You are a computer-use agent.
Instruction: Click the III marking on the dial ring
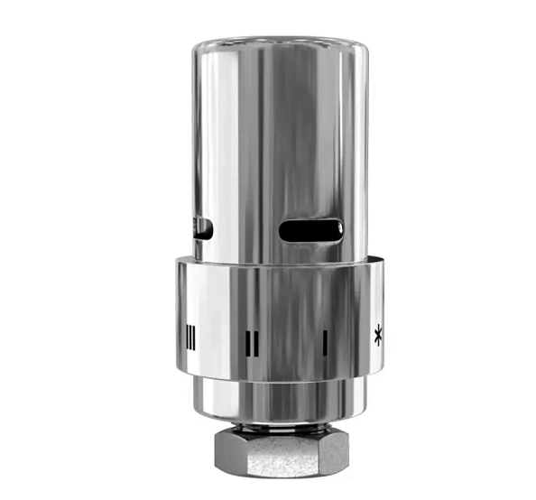click(x=189, y=336)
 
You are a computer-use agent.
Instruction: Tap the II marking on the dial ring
click(x=254, y=342)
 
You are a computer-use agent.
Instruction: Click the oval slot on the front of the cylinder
click(x=310, y=231)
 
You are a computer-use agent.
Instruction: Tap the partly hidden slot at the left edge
click(x=203, y=229)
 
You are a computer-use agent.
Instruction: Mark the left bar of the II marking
click(x=249, y=342)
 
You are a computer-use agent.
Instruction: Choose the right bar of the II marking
click(x=258, y=342)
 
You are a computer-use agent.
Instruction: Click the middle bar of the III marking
click(x=189, y=336)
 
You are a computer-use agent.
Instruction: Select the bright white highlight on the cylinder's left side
click(x=209, y=135)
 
